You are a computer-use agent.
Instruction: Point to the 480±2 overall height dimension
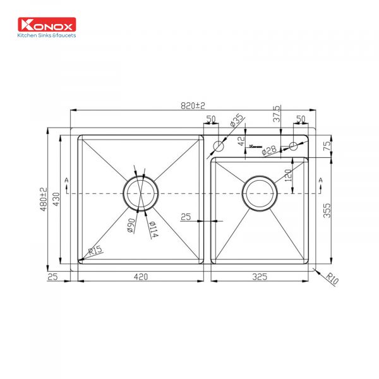tap(43, 199)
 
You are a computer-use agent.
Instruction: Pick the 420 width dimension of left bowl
tap(140, 276)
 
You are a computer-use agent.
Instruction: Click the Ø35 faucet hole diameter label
tap(236, 121)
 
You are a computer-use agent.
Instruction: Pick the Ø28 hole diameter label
tap(269, 150)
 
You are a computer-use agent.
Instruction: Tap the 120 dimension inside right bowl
tap(288, 175)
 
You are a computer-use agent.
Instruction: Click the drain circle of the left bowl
tap(140, 192)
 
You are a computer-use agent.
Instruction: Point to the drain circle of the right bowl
tap(259, 192)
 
